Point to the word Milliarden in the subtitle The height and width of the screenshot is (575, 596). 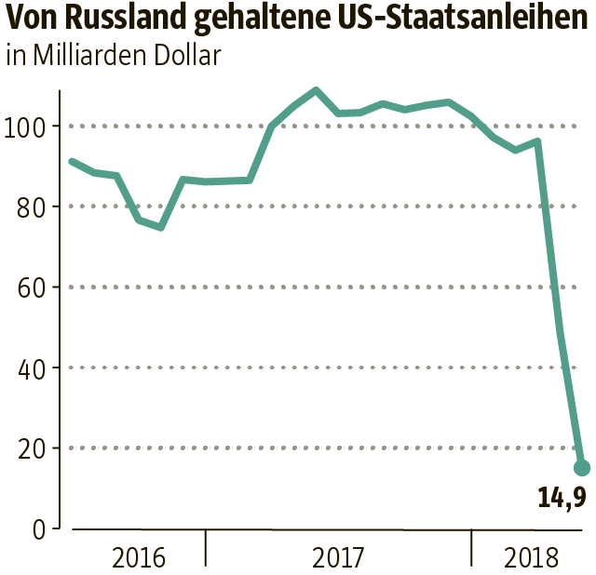pos(83,55)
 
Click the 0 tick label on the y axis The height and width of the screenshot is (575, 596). pos(38,529)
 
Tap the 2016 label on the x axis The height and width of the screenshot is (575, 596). pos(138,558)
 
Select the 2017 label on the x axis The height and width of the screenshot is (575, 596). pos(338,558)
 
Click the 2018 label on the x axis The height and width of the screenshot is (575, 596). pos(531,558)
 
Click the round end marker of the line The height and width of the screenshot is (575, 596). pos(582,467)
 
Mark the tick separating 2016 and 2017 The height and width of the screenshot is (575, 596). pos(206,547)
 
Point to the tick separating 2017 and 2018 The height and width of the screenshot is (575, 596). pos(471,547)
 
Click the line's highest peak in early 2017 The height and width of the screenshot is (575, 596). pos(316,90)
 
